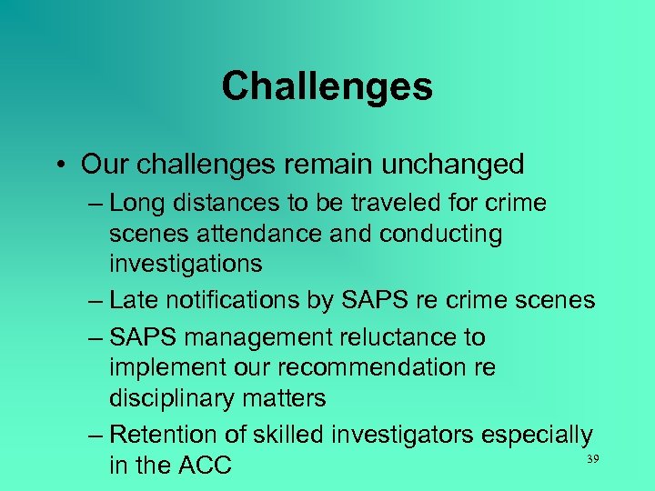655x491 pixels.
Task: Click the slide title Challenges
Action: click(327, 87)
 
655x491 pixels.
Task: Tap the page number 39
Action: click(592, 460)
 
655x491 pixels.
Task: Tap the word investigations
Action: click(186, 264)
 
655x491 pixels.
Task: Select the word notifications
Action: click(244, 300)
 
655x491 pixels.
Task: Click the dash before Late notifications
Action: click(96, 301)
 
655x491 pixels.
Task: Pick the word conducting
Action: click(440, 234)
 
